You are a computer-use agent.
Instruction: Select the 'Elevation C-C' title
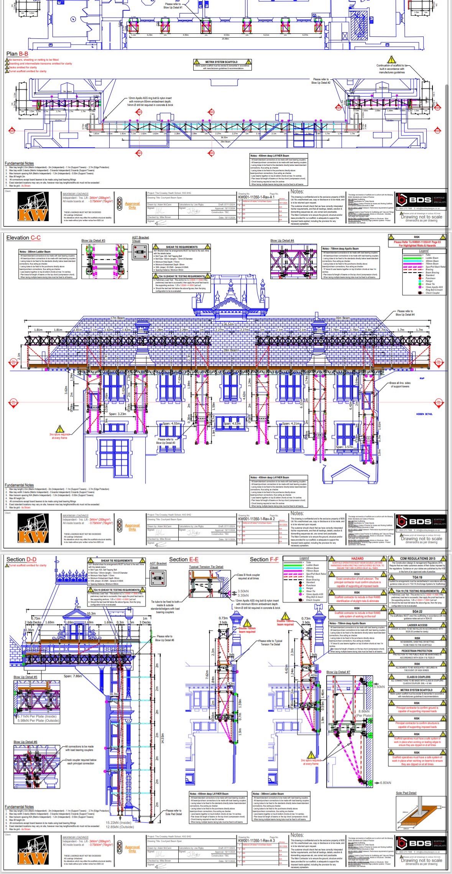[x=23, y=238]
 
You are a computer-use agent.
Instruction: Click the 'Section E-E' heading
[x=184, y=559]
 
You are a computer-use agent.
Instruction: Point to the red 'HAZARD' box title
[x=357, y=558]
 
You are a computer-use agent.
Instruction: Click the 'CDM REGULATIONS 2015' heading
[x=417, y=558]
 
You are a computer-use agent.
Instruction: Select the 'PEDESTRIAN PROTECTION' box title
[x=417, y=651]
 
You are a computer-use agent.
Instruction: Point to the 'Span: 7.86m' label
[x=73, y=676]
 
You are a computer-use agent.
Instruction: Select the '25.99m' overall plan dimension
[x=225, y=38]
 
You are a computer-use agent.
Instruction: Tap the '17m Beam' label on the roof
[x=118, y=318]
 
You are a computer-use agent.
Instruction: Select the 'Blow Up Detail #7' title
[x=338, y=672]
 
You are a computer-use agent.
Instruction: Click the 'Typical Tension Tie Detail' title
[x=206, y=567]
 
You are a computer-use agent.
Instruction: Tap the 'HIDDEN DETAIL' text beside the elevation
[x=424, y=414]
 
